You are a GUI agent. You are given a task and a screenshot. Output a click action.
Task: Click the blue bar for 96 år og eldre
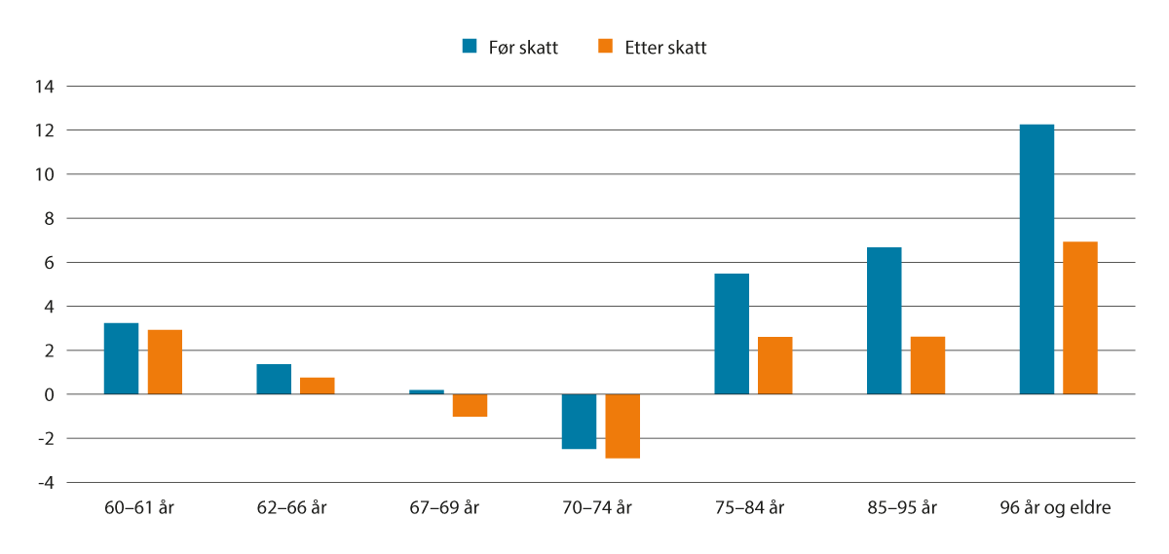1036,259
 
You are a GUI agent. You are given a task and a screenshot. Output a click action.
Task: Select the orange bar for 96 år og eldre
1079,317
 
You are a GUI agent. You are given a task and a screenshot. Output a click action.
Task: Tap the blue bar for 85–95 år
884,320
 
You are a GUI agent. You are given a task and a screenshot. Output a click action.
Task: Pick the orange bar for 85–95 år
927,365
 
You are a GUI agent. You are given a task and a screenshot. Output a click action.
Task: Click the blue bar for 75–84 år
732,334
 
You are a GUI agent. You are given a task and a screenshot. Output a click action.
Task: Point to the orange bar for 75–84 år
774,365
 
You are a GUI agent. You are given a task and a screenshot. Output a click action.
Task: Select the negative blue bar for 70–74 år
579,422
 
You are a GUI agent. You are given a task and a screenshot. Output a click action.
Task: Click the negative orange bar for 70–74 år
622,425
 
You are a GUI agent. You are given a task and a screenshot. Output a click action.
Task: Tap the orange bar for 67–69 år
470,405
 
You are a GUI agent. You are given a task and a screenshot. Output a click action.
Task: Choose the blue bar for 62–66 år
274,379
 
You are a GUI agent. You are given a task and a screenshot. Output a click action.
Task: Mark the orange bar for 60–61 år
165,362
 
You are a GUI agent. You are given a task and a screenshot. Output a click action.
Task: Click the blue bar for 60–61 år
121,358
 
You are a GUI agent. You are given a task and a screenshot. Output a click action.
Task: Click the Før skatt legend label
524,47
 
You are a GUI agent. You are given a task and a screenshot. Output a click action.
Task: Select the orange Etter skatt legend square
605,46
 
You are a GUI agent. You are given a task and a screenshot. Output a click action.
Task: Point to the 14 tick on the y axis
45,87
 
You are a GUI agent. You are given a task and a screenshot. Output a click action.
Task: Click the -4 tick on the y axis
45,483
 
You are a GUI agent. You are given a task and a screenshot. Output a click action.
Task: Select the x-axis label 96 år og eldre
1055,508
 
